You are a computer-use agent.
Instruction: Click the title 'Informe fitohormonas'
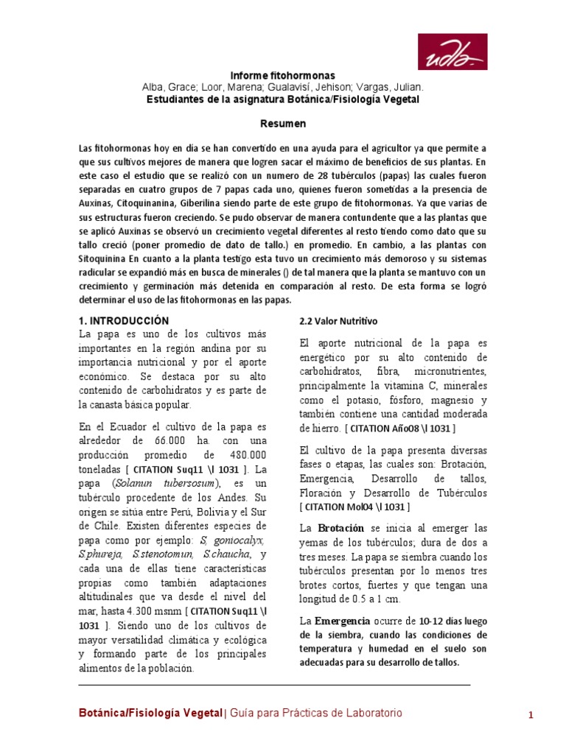click(x=283, y=76)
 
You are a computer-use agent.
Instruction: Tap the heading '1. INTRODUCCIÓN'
click(x=124, y=321)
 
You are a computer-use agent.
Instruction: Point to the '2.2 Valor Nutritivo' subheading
click(x=338, y=322)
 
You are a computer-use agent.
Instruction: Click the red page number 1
click(x=530, y=715)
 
